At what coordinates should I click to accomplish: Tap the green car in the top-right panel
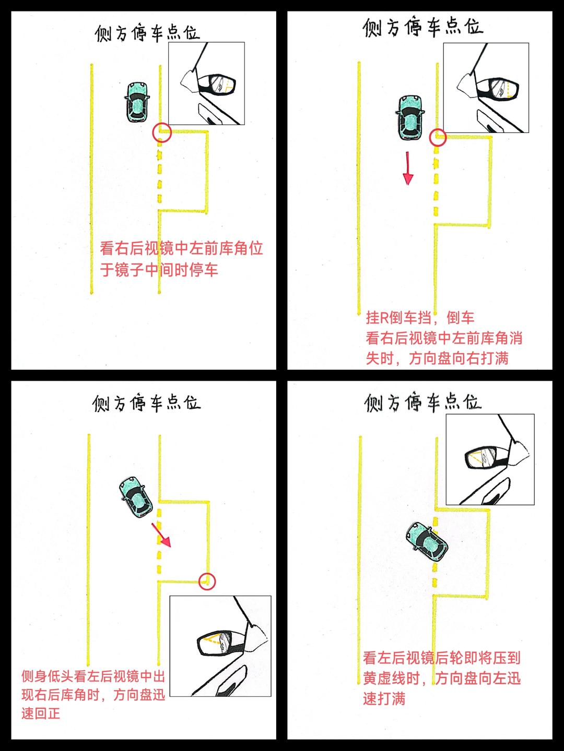point(410,117)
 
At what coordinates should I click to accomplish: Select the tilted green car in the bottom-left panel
point(136,497)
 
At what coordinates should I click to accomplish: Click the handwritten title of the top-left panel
point(147,33)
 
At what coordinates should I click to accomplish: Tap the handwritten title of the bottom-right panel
point(423,402)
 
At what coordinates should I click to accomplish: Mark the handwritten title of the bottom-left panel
point(146,403)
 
